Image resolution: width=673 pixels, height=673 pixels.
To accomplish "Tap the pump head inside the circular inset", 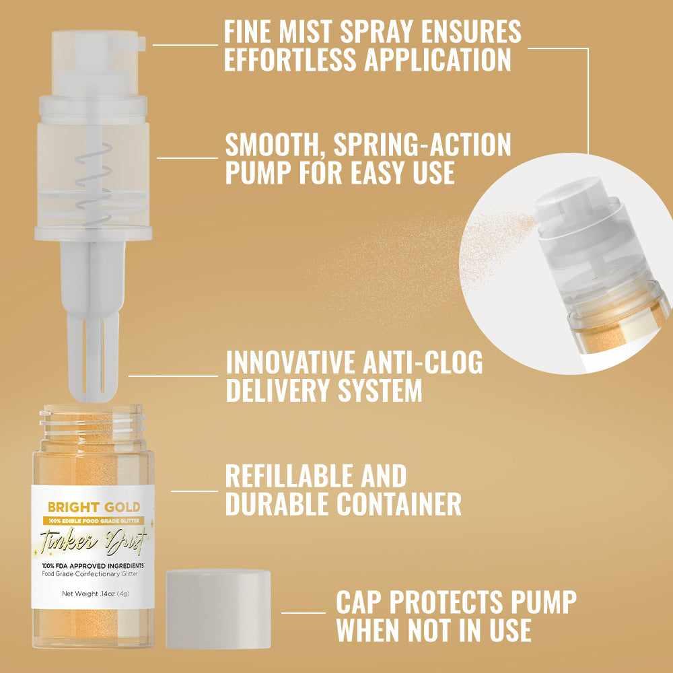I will point(569,202).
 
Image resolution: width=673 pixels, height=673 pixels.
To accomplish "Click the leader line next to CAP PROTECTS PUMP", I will point(303,612).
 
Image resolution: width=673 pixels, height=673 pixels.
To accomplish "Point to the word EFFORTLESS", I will point(291,59).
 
